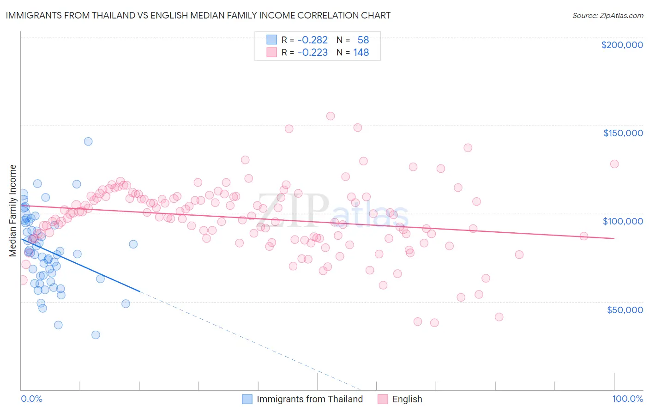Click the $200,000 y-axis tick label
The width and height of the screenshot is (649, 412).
click(622, 45)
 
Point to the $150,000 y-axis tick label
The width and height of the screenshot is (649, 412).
click(623, 133)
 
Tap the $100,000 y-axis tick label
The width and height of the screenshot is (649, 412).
click(623, 221)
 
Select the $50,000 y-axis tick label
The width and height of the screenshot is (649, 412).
click(625, 309)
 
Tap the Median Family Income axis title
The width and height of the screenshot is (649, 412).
click(13, 211)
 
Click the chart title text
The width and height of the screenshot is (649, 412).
click(198, 15)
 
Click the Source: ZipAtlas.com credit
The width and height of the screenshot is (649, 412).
click(607, 15)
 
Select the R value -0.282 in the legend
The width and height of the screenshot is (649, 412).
click(312, 40)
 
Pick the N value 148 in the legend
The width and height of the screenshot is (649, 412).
click(361, 53)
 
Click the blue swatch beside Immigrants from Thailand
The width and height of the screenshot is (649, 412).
click(247, 399)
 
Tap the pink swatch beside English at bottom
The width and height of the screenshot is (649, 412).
click(383, 399)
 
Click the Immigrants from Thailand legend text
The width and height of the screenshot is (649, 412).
click(310, 399)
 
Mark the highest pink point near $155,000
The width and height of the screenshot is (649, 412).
click(331, 116)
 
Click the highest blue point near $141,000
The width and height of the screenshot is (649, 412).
click(88, 141)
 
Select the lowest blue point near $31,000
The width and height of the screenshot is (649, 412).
click(96, 335)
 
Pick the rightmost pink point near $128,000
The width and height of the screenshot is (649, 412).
click(614, 164)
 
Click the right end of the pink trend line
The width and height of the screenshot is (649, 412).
click(614, 238)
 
